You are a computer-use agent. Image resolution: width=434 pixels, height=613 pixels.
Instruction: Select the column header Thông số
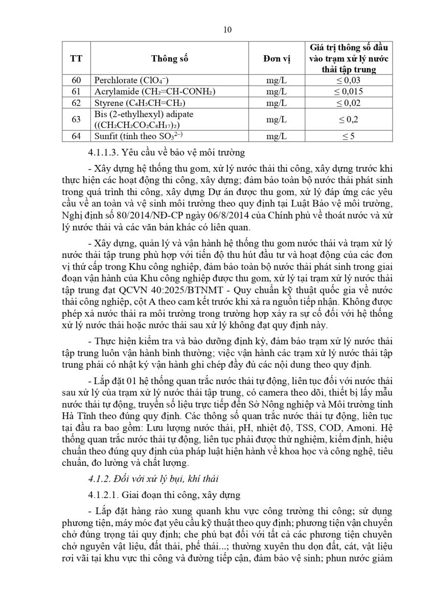pos(170,58)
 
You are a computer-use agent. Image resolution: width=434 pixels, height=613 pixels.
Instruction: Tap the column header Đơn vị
pos(277,58)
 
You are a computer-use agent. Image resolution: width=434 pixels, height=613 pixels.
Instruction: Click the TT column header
pos(76,58)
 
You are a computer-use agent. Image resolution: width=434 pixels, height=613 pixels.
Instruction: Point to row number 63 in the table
pos(76,119)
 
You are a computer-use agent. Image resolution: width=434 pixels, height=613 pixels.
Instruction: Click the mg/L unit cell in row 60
pos(277,80)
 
